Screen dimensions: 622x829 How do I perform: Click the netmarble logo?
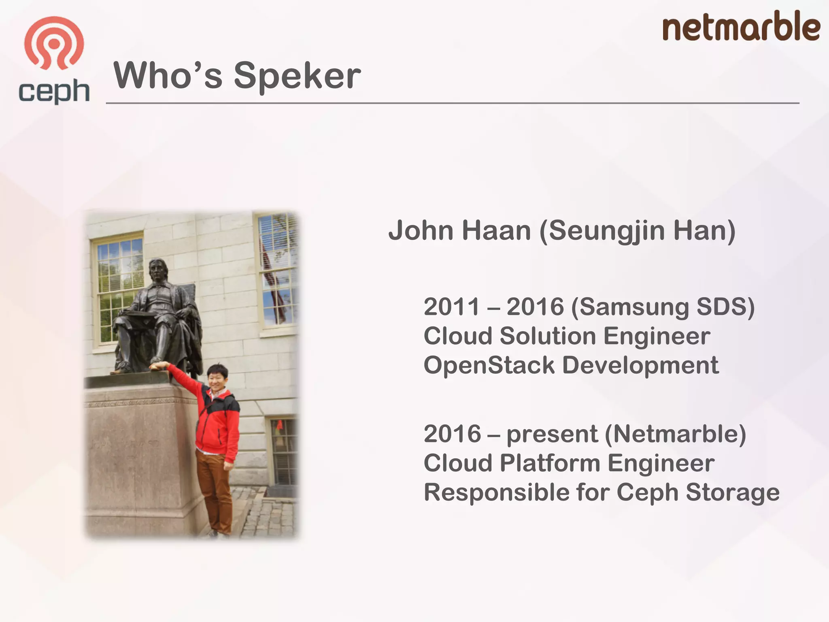point(741,27)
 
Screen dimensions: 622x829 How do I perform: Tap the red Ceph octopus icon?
point(54,43)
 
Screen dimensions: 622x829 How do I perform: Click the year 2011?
point(451,307)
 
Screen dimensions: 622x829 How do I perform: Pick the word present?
point(552,435)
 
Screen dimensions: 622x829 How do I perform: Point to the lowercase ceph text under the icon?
point(54,92)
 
